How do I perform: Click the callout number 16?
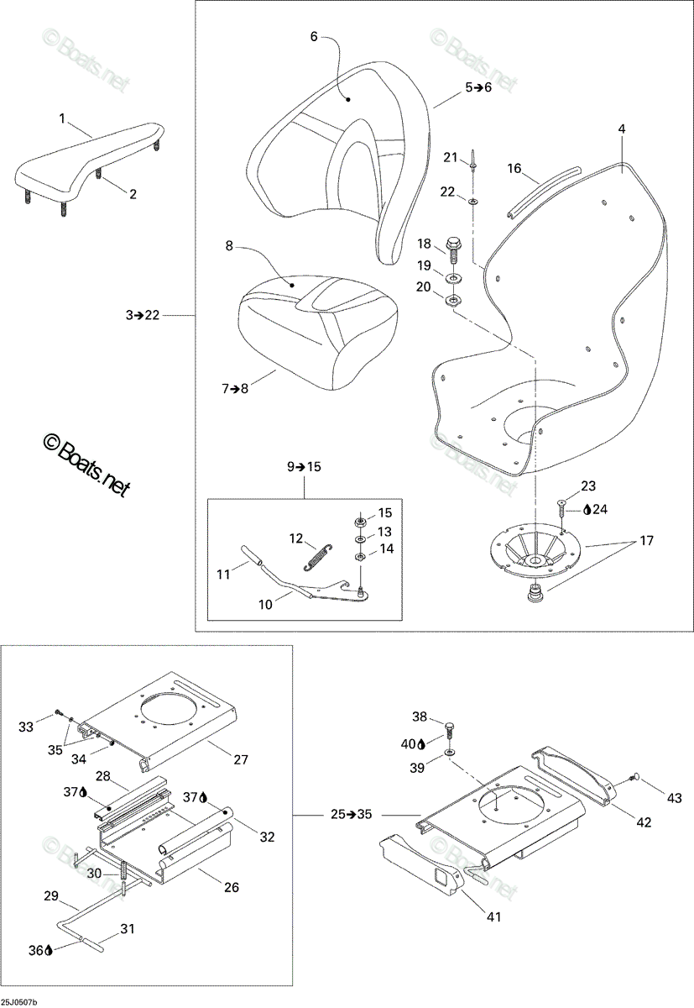(x=514, y=169)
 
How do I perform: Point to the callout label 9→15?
(x=305, y=467)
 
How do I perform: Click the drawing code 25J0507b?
(x=18, y=1002)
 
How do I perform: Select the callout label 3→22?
(x=143, y=315)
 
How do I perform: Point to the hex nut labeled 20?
(x=453, y=300)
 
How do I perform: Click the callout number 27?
(x=241, y=759)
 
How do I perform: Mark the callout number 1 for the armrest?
(x=62, y=118)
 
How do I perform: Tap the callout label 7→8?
(x=235, y=388)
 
